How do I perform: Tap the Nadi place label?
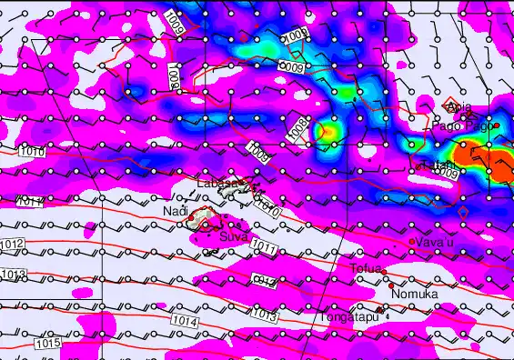(x=175, y=212)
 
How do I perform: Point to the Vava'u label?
(x=433, y=242)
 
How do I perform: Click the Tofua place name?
(x=367, y=268)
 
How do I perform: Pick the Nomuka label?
(x=415, y=295)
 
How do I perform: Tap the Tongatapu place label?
(x=347, y=318)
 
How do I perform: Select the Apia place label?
(x=459, y=107)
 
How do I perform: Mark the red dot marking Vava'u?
(x=412, y=241)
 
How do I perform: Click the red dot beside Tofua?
(x=387, y=275)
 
